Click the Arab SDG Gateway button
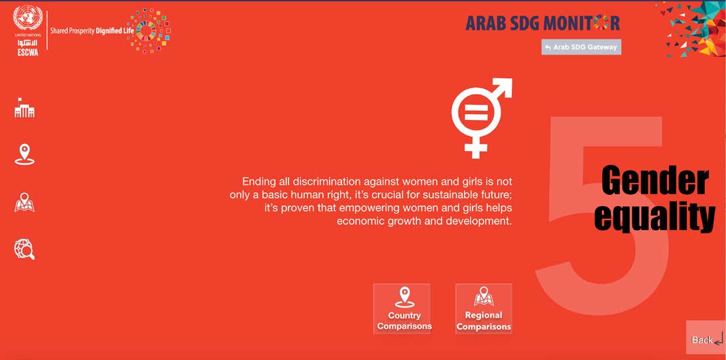coord(581,47)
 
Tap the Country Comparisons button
coord(402,309)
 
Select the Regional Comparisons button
coord(484,309)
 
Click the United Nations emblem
coord(28,19)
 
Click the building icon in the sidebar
coord(25,108)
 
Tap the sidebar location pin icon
coord(25,154)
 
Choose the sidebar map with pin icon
coord(25,202)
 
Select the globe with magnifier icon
coord(25,249)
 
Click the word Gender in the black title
coord(654,182)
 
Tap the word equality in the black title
coord(654,217)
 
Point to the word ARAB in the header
coord(481,23)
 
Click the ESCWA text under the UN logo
coord(28,53)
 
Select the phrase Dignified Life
coord(114,31)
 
